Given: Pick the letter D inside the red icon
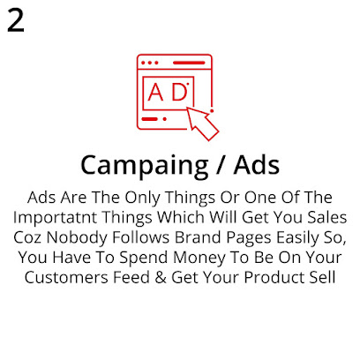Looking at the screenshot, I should click(179, 93).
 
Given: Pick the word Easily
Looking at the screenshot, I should click(290, 237).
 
